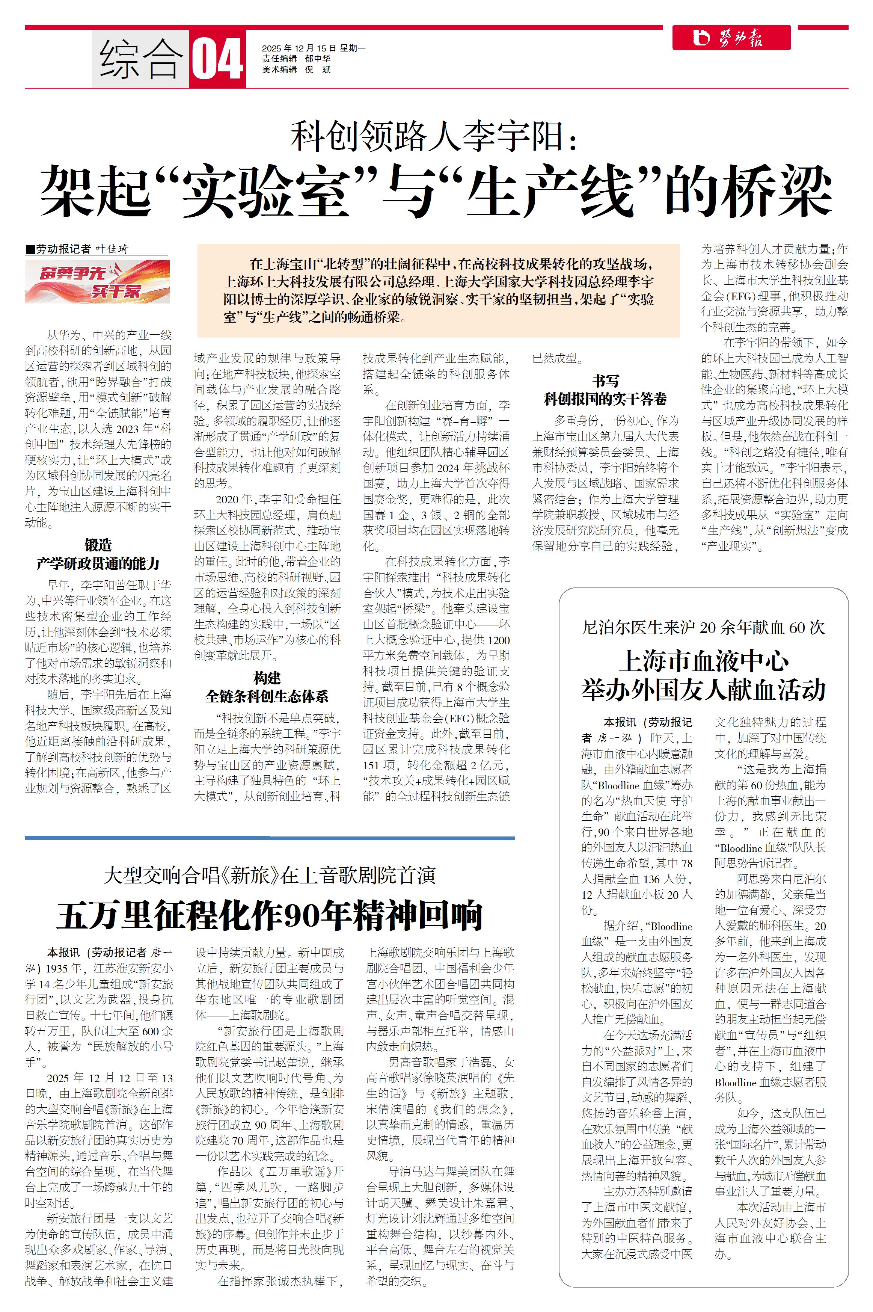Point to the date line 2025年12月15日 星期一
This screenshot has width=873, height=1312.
(x=314, y=48)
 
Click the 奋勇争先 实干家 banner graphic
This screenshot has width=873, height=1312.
(x=97, y=282)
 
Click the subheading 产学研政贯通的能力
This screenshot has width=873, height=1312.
(x=98, y=563)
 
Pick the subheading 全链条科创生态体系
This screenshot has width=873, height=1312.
(x=267, y=696)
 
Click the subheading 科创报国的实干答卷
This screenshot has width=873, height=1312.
(x=605, y=399)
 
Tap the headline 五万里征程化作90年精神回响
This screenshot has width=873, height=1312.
(x=270, y=915)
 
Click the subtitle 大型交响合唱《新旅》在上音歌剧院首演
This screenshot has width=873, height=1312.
(x=270, y=876)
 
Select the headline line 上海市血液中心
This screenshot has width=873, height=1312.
(x=704, y=661)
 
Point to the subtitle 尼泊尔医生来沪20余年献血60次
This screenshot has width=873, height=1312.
(x=703, y=628)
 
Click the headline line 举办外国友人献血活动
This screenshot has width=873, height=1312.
(x=703, y=690)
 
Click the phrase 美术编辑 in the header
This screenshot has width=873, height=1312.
(x=279, y=69)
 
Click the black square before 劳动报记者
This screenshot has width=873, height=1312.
(x=30, y=249)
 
